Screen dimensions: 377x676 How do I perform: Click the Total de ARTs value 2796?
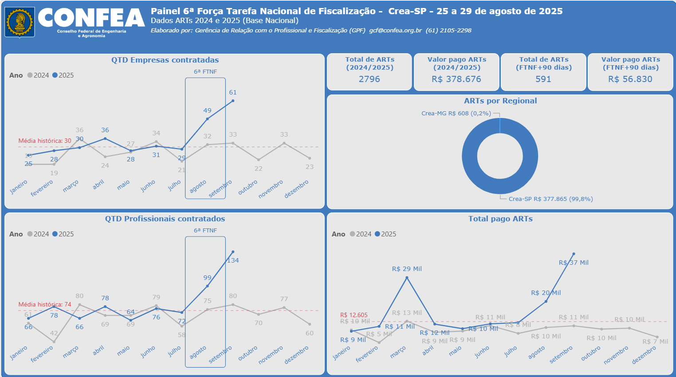coord(369,79)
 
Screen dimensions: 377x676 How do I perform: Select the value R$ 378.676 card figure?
coord(456,79)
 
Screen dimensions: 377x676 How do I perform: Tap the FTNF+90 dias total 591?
coord(543,79)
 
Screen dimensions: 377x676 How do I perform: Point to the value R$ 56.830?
coord(630,79)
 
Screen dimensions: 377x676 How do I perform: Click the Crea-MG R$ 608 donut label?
coord(456,114)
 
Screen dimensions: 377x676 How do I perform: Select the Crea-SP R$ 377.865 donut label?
coord(550,199)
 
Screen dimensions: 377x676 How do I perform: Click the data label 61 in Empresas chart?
coord(233,93)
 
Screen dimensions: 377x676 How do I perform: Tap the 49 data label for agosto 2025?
coord(207,111)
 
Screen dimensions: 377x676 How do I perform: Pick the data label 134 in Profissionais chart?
coord(233,261)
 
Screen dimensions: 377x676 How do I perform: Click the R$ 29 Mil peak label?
coord(407,269)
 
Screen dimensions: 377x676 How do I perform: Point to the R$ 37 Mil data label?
coord(574,263)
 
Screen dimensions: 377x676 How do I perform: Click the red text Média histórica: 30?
coord(44,141)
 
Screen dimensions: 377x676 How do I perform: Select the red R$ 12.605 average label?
coord(354,315)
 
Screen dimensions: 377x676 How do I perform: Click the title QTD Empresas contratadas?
coord(165,60)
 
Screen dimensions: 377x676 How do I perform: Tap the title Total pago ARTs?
coord(500,219)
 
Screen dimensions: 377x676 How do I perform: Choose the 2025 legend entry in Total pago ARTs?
coord(385,234)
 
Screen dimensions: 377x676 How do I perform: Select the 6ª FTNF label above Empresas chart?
coord(205,71)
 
